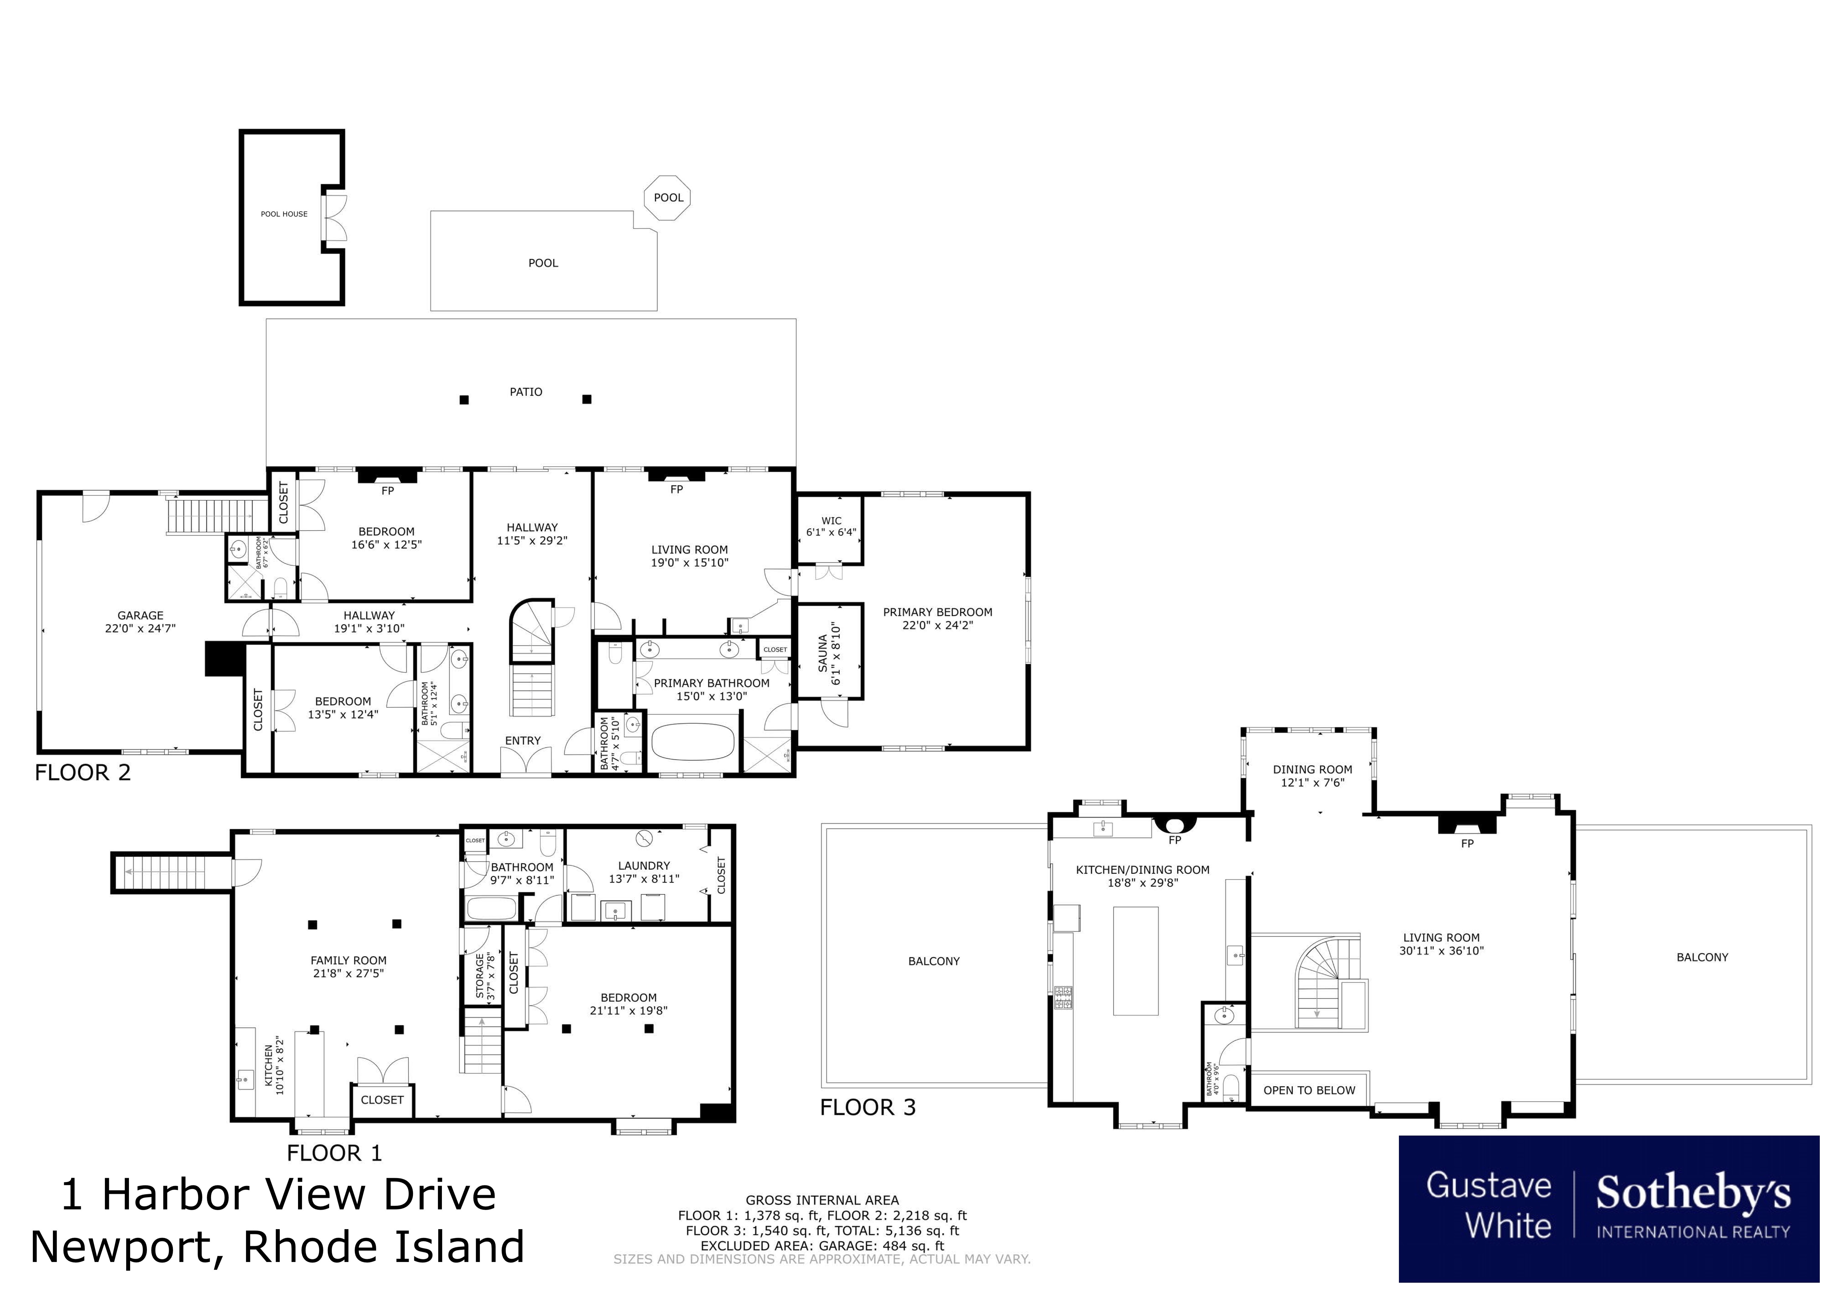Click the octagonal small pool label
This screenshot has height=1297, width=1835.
tap(668, 197)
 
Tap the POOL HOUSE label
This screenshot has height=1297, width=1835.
tap(284, 214)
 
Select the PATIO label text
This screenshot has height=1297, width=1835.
tap(526, 392)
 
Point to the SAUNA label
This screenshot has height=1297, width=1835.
tap(823, 653)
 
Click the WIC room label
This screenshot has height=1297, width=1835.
tap(831, 520)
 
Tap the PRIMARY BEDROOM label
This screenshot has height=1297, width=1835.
tap(938, 612)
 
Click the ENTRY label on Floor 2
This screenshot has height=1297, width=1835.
tap(523, 741)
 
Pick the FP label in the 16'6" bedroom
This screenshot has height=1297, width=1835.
tap(388, 491)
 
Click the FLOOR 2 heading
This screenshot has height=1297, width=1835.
tap(82, 773)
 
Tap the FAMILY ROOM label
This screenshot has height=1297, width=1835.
tap(349, 960)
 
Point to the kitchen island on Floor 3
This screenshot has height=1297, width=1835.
tap(1136, 960)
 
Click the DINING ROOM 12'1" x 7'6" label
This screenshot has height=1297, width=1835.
tap(1312, 776)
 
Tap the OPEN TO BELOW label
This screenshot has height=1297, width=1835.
tap(1309, 1090)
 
